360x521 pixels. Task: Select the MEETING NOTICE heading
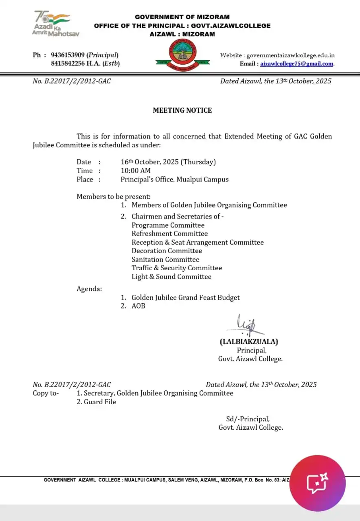click(x=182, y=110)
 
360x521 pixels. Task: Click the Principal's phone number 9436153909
click(x=68, y=55)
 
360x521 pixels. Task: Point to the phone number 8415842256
click(x=68, y=63)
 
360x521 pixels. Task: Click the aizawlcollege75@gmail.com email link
click(x=296, y=63)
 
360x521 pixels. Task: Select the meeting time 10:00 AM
click(x=136, y=171)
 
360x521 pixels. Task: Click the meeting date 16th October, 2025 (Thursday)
click(x=168, y=162)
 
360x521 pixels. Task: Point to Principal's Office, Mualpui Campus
click(x=174, y=180)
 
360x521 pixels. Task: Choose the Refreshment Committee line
click(x=169, y=234)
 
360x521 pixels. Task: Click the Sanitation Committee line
click(x=165, y=259)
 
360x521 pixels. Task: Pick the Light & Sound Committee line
click(x=171, y=277)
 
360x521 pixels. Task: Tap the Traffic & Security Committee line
click(x=177, y=268)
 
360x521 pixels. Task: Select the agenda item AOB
click(x=138, y=306)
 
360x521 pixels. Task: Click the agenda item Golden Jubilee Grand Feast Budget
click(x=185, y=298)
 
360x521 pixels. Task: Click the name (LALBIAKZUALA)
click(x=249, y=342)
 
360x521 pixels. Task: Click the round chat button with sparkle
click(x=317, y=483)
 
